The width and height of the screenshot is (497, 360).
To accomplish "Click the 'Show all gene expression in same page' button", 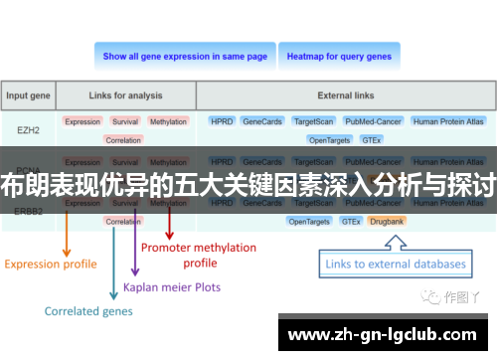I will pyautogui.click(x=185, y=57).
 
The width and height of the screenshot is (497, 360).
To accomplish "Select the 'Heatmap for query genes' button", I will pyautogui.click(x=339, y=57).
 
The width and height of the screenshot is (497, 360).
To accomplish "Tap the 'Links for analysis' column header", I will pyautogui.click(x=126, y=96).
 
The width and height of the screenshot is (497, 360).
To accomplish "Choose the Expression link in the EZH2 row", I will pyautogui.click(x=83, y=121).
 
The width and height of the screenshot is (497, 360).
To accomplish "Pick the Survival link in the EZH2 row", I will pyautogui.click(x=125, y=121).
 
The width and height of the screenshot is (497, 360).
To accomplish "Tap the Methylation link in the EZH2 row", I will pyautogui.click(x=168, y=121).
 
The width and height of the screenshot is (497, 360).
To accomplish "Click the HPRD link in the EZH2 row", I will pyautogui.click(x=221, y=121).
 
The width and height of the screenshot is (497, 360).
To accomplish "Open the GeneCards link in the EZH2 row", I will pyautogui.click(x=262, y=121).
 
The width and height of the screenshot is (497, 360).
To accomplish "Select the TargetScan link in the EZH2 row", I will pyautogui.click(x=312, y=121).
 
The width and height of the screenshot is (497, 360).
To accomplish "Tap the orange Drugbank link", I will pyautogui.click(x=386, y=221).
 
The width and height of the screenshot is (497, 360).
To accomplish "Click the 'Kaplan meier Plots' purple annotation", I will pyautogui.click(x=172, y=287).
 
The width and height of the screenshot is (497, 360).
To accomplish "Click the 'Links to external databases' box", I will pyautogui.click(x=396, y=264).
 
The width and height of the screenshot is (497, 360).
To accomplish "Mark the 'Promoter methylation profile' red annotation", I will pyautogui.click(x=199, y=255).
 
